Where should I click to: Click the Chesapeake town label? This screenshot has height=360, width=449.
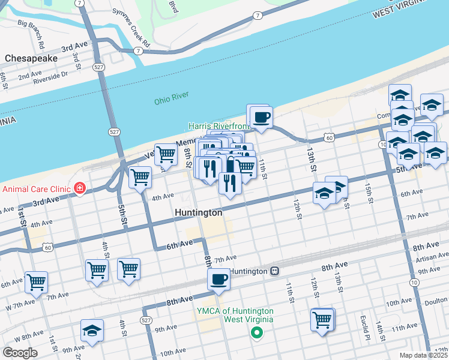[x=31, y=58]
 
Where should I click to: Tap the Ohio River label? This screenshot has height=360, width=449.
[x=171, y=96]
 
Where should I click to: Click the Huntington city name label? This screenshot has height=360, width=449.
[x=198, y=212]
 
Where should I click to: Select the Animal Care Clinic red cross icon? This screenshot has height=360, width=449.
[x=80, y=189]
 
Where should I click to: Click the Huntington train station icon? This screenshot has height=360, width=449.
[x=274, y=271]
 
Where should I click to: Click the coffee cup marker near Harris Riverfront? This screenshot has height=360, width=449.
[x=260, y=116]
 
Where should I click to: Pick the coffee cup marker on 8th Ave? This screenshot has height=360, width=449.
[x=219, y=279]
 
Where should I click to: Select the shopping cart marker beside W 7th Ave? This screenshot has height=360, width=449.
[x=36, y=281]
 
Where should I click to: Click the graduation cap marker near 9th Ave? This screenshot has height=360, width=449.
[x=92, y=330]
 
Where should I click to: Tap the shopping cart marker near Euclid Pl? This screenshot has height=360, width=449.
[x=322, y=319]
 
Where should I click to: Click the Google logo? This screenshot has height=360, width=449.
[x=20, y=353]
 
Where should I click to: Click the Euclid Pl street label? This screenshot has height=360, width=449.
[x=363, y=323]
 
